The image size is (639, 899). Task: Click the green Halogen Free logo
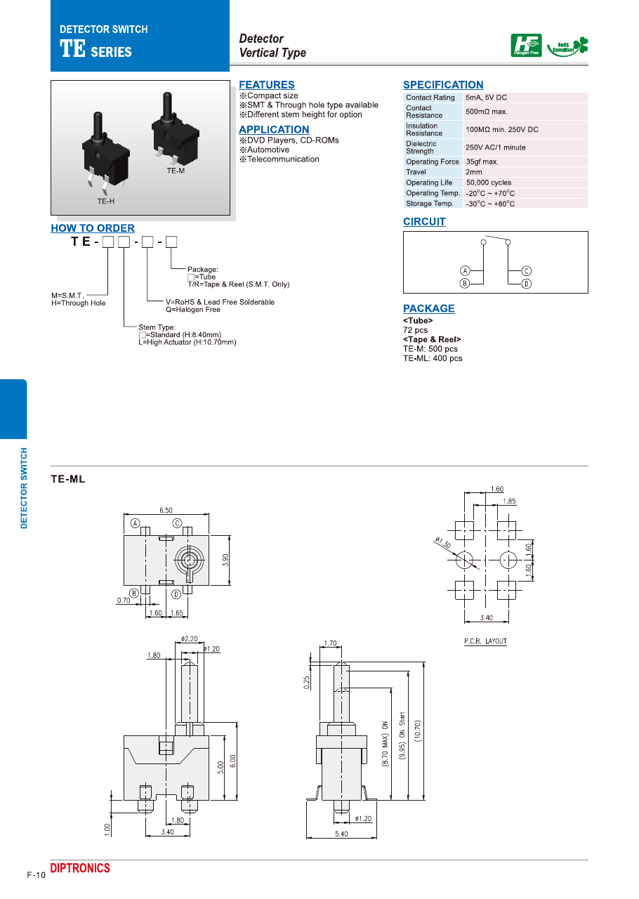(526, 46)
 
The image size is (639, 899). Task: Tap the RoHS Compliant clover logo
(567, 46)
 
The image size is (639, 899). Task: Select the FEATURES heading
(267, 85)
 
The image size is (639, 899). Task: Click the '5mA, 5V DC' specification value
(486, 98)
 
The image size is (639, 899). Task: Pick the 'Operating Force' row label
(432, 162)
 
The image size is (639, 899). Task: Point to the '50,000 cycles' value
(488, 183)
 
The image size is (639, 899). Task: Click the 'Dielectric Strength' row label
(421, 147)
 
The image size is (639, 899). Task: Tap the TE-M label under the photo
(176, 171)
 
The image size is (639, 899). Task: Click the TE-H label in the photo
(105, 202)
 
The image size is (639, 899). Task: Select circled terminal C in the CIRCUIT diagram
(526, 270)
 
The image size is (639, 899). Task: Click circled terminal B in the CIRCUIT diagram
(465, 283)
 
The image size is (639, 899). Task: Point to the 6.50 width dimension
(166, 511)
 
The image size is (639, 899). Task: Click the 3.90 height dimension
(225, 560)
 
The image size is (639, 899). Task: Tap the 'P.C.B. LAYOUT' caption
(485, 641)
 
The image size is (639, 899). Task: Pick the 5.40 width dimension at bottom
(341, 834)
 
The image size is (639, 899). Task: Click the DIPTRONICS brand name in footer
(80, 869)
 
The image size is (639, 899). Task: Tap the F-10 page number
(36, 874)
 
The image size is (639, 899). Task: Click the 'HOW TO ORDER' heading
(93, 228)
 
